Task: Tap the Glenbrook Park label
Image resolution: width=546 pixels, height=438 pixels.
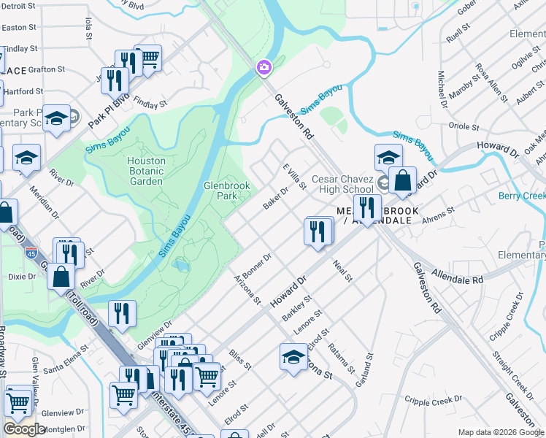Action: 226,191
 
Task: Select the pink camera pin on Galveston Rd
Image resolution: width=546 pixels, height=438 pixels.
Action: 264,68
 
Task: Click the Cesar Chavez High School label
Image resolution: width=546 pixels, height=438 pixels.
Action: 342,184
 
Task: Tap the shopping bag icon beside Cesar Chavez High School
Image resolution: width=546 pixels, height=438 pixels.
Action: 402,180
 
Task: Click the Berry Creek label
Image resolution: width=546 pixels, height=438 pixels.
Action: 522,196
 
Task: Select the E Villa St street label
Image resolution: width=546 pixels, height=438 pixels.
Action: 294,176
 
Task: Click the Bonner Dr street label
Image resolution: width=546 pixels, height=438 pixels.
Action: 257,266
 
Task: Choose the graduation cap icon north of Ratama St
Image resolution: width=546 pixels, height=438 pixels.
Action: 293,357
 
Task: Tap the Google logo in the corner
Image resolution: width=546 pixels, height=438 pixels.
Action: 24,429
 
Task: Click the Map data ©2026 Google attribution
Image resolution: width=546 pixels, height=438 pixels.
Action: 500,432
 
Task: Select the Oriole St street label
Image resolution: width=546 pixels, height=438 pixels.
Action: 464,126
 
